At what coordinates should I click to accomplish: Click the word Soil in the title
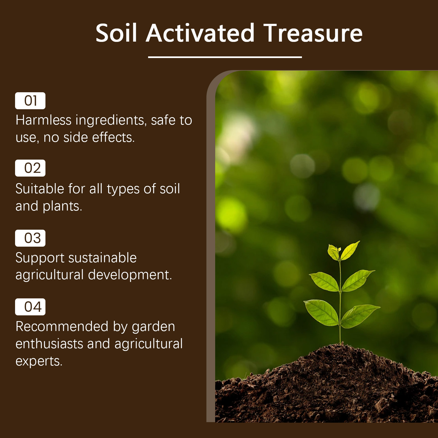[116, 33]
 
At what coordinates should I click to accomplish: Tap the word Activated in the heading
[200, 33]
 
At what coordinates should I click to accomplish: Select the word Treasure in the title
[313, 33]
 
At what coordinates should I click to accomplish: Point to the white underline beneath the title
[225, 57]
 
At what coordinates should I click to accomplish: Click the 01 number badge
[30, 101]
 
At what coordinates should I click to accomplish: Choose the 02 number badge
[30, 168]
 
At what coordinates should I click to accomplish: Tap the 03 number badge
[30, 238]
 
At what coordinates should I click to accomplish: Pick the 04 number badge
[30, 307]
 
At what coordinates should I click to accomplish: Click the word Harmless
[44, 120]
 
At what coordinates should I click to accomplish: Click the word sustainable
[102, 258]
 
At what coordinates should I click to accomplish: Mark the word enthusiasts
[49, 344]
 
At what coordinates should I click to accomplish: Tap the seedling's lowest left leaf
[321, 312]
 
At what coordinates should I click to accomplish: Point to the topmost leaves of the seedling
[344, 250]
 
